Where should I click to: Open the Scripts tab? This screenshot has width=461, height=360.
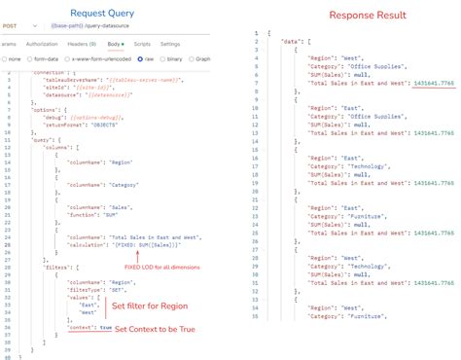(142, 44)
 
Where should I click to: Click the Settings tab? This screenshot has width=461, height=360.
(170, 44)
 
